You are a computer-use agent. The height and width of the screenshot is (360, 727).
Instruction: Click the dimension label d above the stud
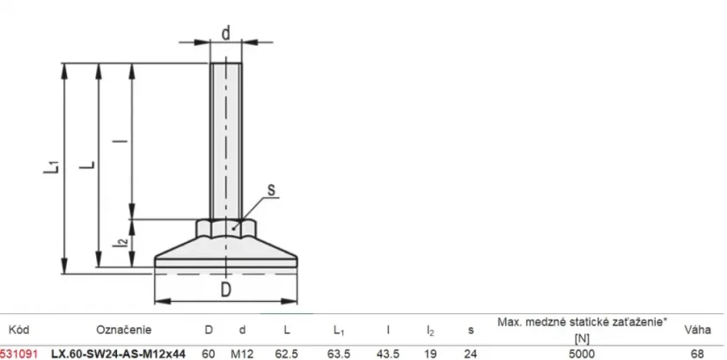click(226, 33)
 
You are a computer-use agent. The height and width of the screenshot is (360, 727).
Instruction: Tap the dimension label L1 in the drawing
click(52, 166)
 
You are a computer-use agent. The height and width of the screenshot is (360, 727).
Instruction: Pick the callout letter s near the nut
click(271, 189)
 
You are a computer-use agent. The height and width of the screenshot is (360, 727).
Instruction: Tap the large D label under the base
click(225, 290)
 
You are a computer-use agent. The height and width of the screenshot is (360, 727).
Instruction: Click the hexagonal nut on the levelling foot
click(225, 228)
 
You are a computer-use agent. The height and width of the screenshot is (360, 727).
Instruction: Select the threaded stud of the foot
click(225, 141)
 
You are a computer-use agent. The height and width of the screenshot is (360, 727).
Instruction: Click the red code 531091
click(18, 354)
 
